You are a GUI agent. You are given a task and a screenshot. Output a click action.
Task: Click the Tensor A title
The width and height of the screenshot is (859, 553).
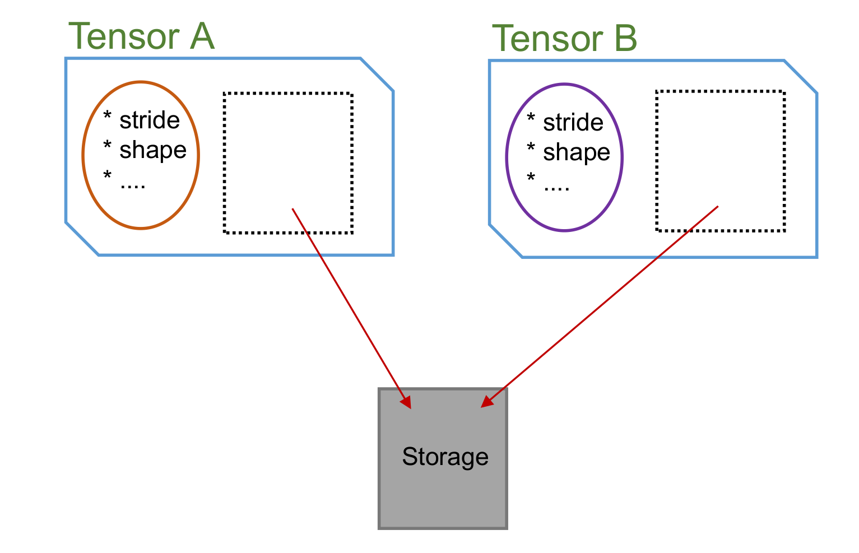click(141, 36)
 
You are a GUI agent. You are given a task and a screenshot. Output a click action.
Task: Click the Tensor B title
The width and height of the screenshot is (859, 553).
click(564, 39)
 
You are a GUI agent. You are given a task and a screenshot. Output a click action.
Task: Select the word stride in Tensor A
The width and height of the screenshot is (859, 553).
click(149, 120)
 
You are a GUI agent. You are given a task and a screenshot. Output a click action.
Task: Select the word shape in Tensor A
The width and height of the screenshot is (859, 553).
click(152, 150)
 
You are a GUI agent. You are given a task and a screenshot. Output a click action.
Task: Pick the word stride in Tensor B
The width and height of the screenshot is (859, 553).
click(573, 123)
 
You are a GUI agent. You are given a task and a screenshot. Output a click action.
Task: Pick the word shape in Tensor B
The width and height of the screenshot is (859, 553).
click(576, 152)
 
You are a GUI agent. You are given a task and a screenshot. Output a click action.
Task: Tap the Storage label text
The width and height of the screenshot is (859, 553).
click(445, 457)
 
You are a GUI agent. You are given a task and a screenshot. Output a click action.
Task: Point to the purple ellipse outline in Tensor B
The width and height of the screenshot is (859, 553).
click(507, 157)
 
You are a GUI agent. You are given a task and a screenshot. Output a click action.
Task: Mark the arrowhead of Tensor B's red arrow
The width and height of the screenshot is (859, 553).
click(486, 402)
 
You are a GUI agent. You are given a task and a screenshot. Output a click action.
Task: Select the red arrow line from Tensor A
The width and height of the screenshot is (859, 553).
click(347, 303)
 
